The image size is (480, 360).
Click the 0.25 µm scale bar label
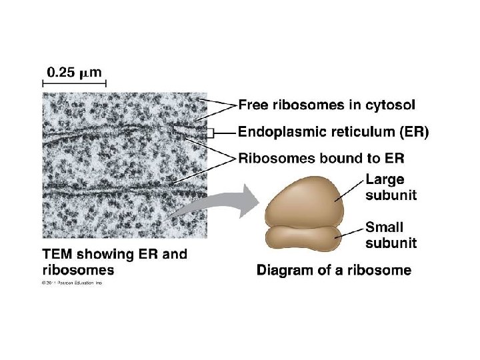click(x=74, y=72)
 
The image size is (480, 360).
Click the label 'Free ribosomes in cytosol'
click(x=326, y=105)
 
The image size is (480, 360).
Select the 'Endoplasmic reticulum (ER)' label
click(x=333, y=132)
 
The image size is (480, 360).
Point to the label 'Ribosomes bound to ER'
click(x=321, y=159)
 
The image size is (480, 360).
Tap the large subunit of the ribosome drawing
click(x=303, y=199)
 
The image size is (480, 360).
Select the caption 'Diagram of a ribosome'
click(x=333, y=270)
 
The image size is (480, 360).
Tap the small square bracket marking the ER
click(x=209, y=133)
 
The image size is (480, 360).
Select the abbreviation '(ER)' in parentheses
click(x=413, y=132)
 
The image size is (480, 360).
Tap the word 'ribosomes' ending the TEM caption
click(x=78, y=270)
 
